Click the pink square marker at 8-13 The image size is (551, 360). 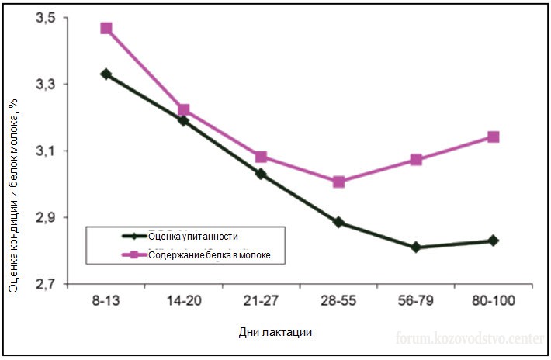[106, 29]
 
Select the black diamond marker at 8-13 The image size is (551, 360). [106, 74]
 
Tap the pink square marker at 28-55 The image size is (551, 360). [338, 182]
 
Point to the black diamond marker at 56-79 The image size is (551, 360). [416, 247]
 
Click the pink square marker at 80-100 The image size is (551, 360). [493, 137]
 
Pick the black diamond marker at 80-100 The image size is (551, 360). [493, 241]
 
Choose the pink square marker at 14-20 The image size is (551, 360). [184, 110]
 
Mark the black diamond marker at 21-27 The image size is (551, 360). [261, 174]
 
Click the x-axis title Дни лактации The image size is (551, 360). [275, 332]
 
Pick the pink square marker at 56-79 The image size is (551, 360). [416, 160]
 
